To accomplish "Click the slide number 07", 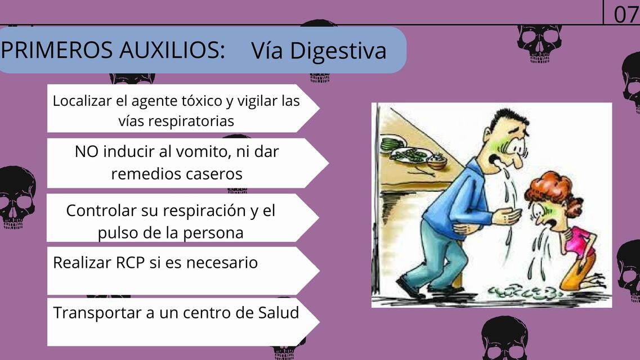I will pos(625,13).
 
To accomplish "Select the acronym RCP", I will pos(129,262).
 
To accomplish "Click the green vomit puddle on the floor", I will pos(523,291).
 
